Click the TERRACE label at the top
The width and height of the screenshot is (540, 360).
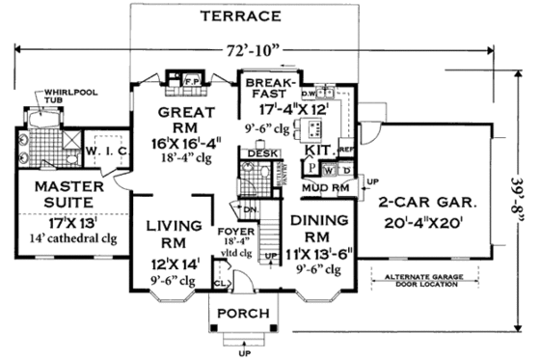(x=240, y=16)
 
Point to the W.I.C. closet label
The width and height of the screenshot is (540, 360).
(x=100, y=151)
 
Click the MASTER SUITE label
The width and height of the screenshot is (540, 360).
(x=59, y=195)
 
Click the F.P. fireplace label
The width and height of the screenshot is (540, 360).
(x=191, y=80)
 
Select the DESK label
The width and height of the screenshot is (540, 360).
(x=257, y=153)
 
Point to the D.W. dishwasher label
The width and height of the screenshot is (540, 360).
(x=310, y=94)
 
